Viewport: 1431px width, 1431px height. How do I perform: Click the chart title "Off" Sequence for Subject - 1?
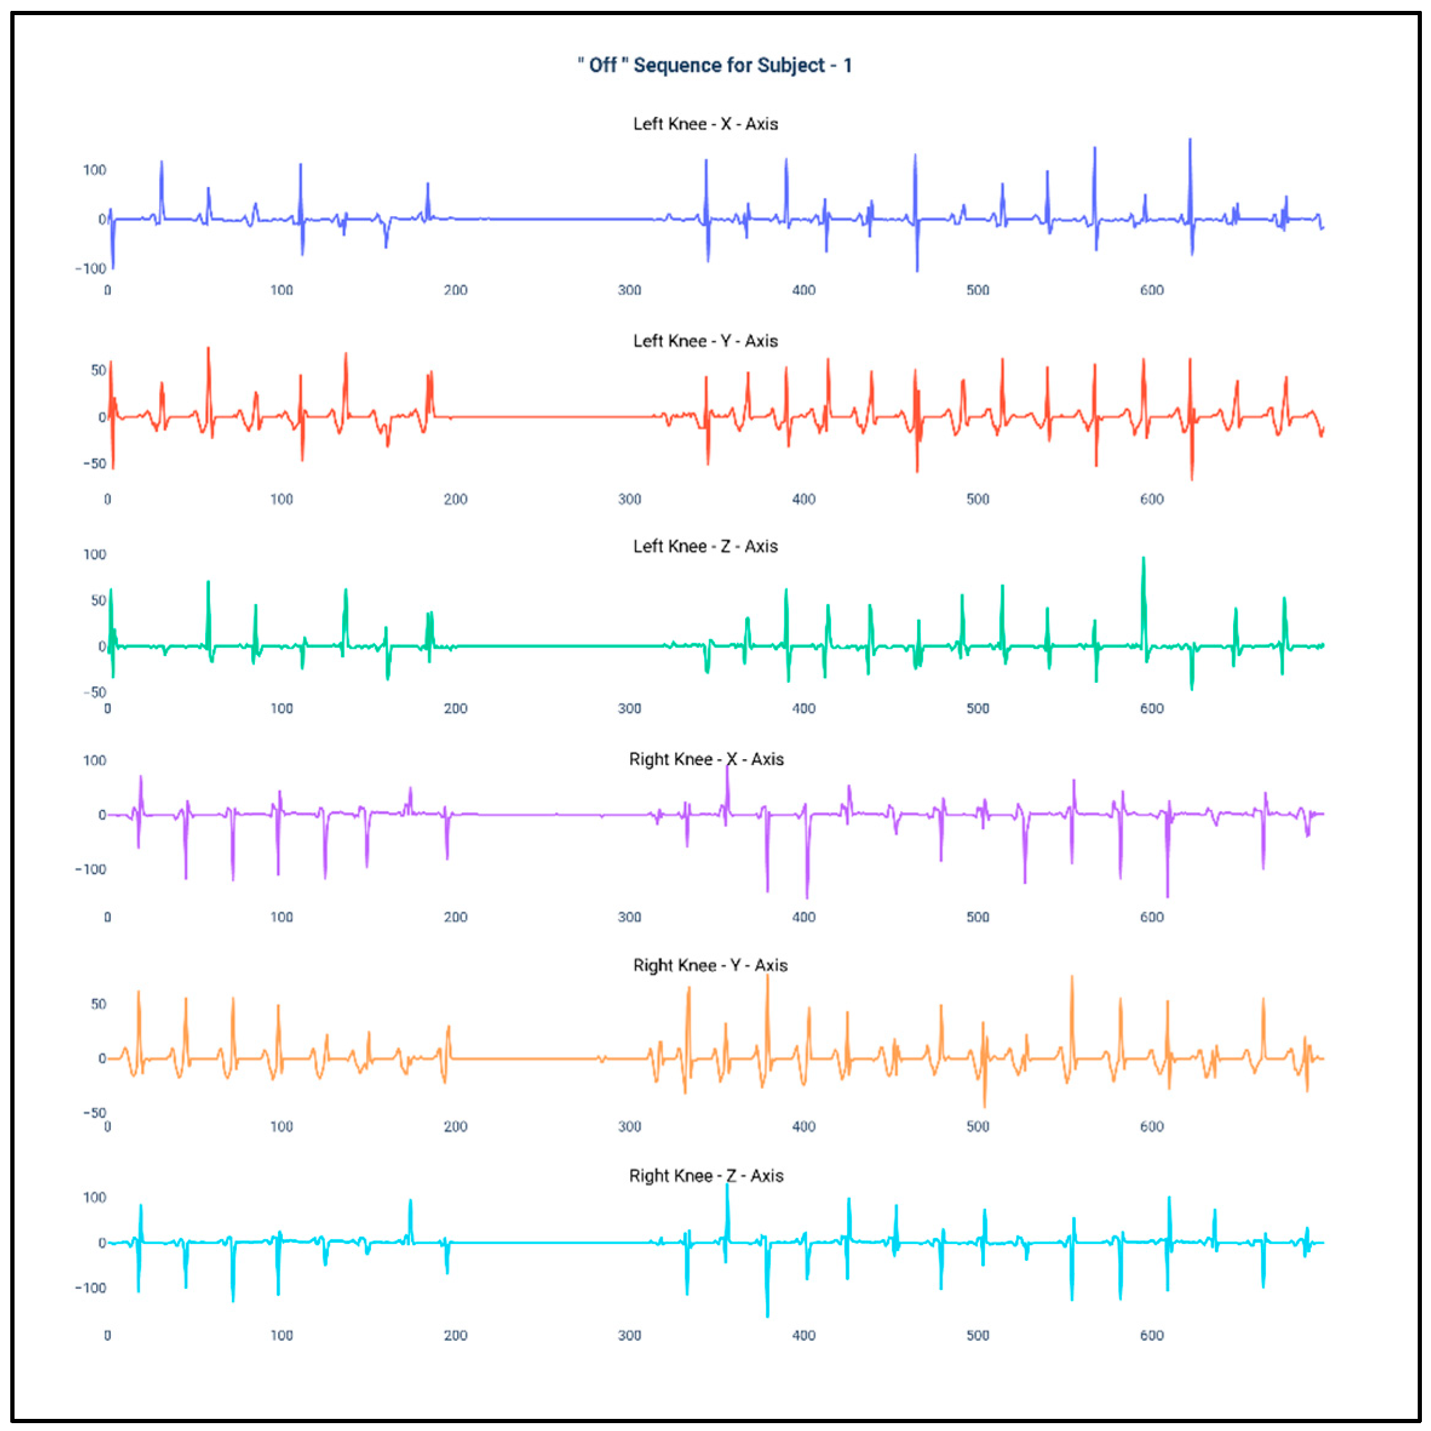[x=715, y=65]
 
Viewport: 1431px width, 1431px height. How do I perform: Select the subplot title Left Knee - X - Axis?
[x=705, y=123]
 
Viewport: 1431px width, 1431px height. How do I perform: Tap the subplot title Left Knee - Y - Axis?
[x=705, y=341]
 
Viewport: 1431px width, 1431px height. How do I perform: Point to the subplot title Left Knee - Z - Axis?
[x=705, y=546]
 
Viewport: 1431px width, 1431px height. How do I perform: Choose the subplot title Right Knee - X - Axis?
[x=706, y=759]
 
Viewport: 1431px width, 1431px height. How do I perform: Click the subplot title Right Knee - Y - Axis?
[x=709, y=965]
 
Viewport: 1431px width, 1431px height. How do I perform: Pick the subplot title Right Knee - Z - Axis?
[x=706, y=1176]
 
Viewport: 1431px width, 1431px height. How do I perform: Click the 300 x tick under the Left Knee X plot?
[x=630, y=289]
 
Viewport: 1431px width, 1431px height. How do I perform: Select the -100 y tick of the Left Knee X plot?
[x=90, y=268]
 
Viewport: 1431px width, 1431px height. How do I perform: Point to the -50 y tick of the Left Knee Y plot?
[x=94, y=464]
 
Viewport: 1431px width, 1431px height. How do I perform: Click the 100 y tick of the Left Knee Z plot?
[x=94, y=554]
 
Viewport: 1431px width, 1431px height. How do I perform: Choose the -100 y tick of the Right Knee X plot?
[x=90, y=869]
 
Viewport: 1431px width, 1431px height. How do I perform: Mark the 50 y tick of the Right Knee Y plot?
[x=99, y=1004]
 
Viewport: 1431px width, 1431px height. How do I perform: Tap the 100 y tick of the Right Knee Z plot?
[x=94, y=1198]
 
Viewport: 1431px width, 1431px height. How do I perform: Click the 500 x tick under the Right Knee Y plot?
[x=978, y=1127]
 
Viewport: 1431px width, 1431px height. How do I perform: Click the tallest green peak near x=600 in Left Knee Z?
[x=1143, y=560]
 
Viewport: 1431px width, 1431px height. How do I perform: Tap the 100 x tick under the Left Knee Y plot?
[x=281, y=499]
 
